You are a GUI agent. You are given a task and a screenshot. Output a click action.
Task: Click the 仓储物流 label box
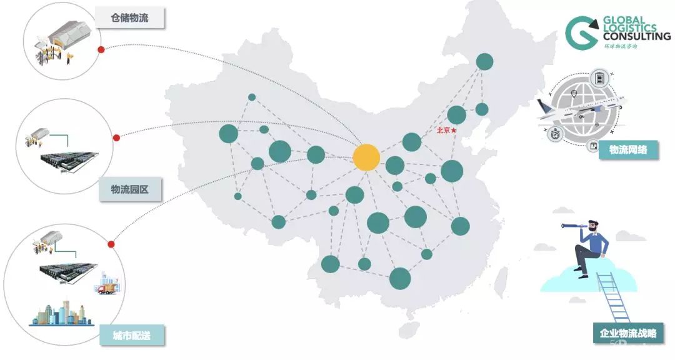coord(129,18)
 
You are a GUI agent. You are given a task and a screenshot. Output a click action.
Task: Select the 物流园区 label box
coord(129,189)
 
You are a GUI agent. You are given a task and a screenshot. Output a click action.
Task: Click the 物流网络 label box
coord(628,150)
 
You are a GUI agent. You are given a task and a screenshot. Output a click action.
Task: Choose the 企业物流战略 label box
coord(628,333)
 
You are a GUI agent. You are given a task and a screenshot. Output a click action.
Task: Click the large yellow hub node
coord(366,157)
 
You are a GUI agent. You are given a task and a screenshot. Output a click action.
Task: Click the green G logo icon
coord(581,32)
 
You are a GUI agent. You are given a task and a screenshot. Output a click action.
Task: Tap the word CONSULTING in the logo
coord(636,37)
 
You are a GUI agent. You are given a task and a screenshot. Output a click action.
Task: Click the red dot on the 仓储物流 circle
coord(101,50)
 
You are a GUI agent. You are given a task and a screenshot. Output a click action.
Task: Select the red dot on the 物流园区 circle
coord(116,137)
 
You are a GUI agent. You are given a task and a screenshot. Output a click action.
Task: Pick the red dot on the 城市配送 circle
coord(111,244)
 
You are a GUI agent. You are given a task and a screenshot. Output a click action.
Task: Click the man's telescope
coord(572,225)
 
